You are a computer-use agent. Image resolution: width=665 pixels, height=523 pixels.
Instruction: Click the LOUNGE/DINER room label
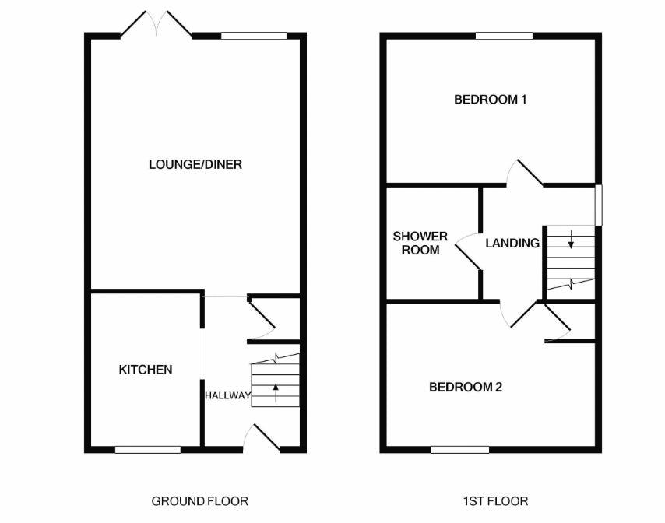pos(195,164)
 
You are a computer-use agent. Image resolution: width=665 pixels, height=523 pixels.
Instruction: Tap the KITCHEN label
pos(146,370)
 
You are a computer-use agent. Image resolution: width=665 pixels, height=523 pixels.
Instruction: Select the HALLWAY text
pos(227,395)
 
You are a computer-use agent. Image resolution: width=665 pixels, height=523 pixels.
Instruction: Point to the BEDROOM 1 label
pos(491,100)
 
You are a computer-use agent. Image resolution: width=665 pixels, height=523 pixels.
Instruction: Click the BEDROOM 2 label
pos(466,387)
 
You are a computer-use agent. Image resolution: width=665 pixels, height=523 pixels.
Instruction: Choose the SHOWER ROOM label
pos(420,244)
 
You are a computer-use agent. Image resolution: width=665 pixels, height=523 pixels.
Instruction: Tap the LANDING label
pos(512,244)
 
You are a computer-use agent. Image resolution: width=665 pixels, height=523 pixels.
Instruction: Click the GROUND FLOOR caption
pos(200,501)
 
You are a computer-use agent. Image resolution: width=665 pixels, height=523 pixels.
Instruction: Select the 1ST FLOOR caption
pos(496,501)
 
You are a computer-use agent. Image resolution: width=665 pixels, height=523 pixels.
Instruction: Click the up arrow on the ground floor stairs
pos(276,392)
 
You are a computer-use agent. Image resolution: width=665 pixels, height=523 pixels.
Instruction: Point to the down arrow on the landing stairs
pos(571,239)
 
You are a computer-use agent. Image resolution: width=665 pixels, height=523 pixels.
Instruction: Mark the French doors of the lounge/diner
pos(157,23)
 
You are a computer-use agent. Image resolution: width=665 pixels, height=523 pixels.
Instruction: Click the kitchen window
pos(148,450)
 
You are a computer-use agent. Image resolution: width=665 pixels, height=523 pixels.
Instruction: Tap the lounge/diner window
pos(254,36)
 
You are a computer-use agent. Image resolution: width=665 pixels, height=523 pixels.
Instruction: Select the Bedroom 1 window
pos(504,36)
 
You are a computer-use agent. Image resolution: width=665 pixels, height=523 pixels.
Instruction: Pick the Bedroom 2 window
pos(459,450)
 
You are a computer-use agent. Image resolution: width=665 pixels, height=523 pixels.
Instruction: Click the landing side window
pos(598,205)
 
